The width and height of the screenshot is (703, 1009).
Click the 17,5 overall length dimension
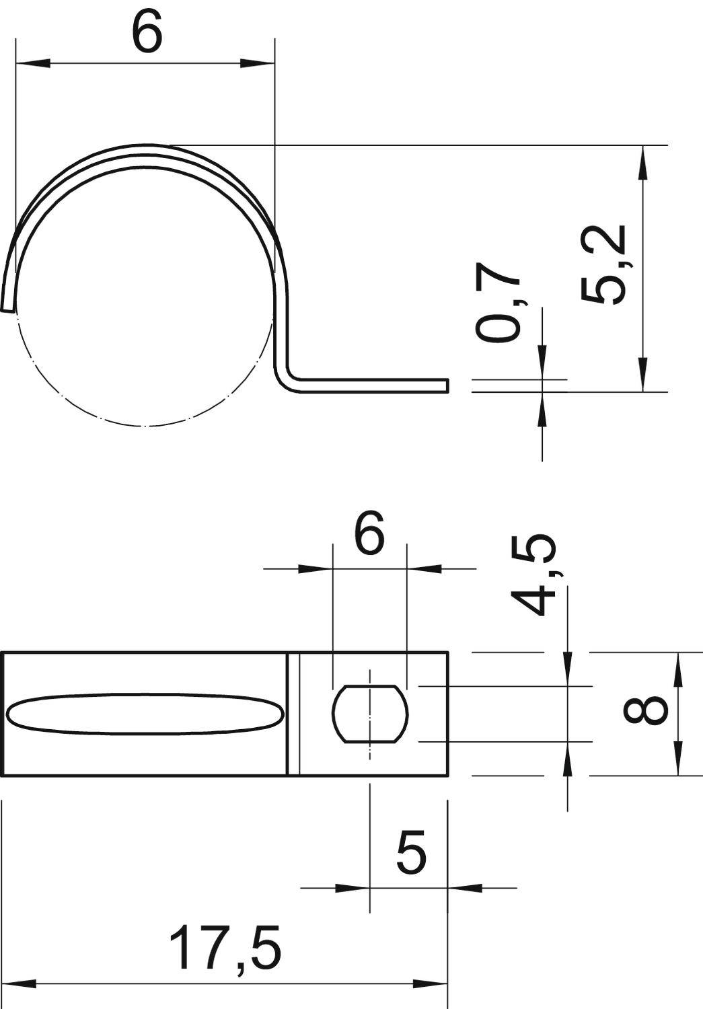[224, 946]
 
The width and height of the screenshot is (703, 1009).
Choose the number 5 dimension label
[411, 852]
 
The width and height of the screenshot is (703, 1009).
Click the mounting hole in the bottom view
[370, 714]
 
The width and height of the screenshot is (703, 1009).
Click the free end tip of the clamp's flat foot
[445, 385]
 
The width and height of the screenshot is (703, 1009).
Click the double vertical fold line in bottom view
[293, 714]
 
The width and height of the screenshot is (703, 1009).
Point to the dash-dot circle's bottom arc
[145, 425]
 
